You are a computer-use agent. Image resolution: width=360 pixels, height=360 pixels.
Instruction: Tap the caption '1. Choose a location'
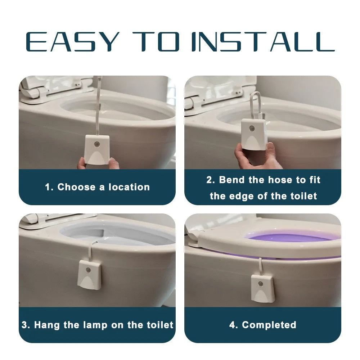(x=97, y=187)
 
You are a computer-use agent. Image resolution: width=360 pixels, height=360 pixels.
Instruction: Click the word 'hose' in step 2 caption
(x=284, y=180)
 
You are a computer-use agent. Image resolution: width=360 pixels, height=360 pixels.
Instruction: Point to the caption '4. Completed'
(x=263, y=325)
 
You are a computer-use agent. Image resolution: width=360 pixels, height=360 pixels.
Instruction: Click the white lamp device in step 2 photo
(x=254, y=135)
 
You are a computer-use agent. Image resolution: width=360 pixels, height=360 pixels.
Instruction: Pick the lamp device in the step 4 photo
(x=262, y=288)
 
